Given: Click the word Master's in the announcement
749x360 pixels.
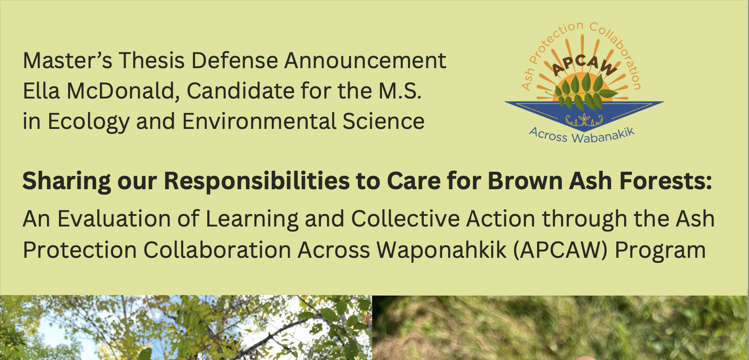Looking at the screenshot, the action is (67, 60).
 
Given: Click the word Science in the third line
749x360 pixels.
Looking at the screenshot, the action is (383, 121).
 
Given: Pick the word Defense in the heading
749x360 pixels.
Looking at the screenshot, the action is (234, 60).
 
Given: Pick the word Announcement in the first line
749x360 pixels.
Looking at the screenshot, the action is (365, 60).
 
